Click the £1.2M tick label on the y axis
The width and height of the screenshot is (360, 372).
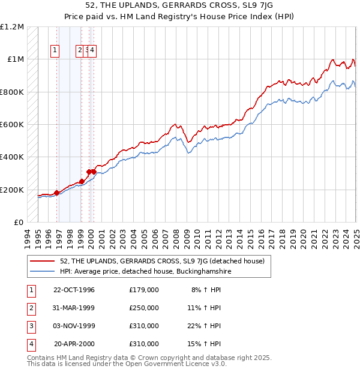12,27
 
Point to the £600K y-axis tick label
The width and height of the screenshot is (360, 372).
12,125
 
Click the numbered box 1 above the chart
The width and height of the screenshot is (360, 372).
55,51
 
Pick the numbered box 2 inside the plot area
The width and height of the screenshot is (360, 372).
80,51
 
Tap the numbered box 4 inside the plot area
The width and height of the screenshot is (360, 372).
93,51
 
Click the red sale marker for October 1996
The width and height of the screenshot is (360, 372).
57,193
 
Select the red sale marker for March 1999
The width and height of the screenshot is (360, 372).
82,181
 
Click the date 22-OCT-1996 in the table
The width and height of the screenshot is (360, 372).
74,290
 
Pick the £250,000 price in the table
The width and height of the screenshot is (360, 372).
144,308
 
